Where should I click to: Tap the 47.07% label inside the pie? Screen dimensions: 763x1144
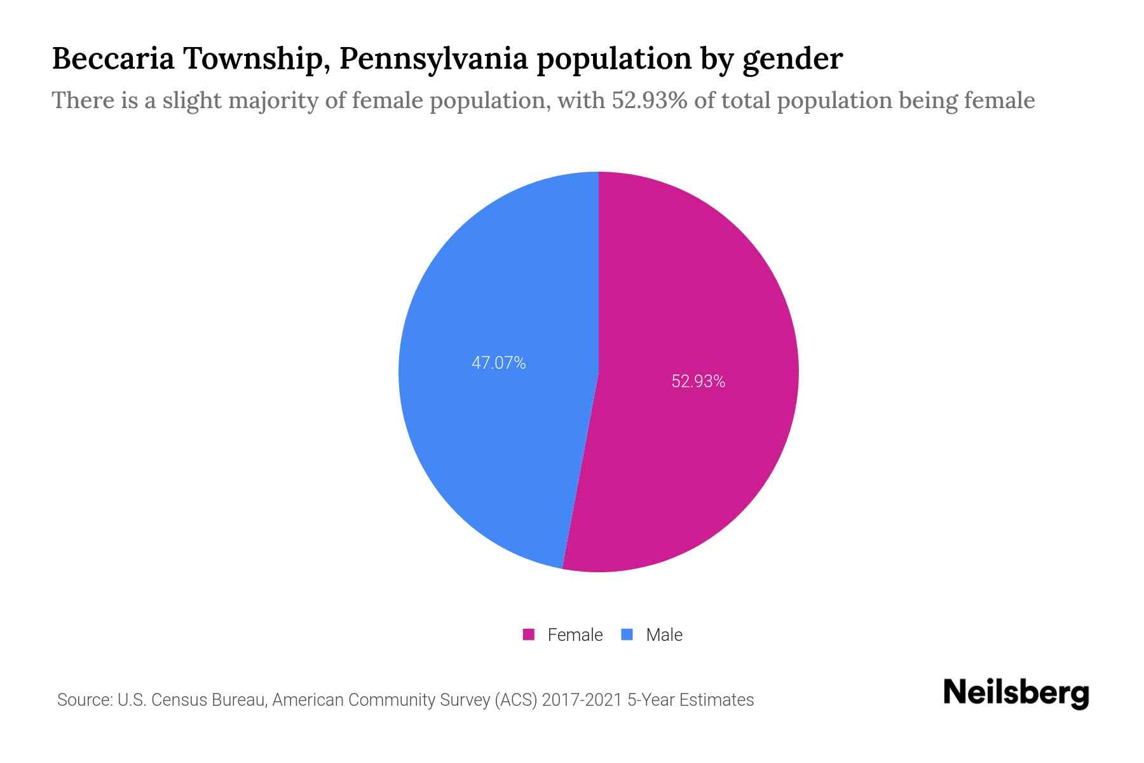click(x=498, y=363)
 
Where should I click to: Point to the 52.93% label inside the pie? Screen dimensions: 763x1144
click(x=698, y=381)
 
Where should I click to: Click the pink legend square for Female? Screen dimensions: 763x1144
click(x=528, y=635)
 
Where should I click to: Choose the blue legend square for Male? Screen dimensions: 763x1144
click(x=627, y=635)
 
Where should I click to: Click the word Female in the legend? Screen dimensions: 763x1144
click(x=575, y=635)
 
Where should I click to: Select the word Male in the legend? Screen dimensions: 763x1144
click(x=664, y=635)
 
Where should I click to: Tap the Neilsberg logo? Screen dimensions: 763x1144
click(x=1016, y=693)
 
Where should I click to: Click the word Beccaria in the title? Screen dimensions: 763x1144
click(x=112, y=58)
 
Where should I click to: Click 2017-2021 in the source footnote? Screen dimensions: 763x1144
click(x=582, y=700)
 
